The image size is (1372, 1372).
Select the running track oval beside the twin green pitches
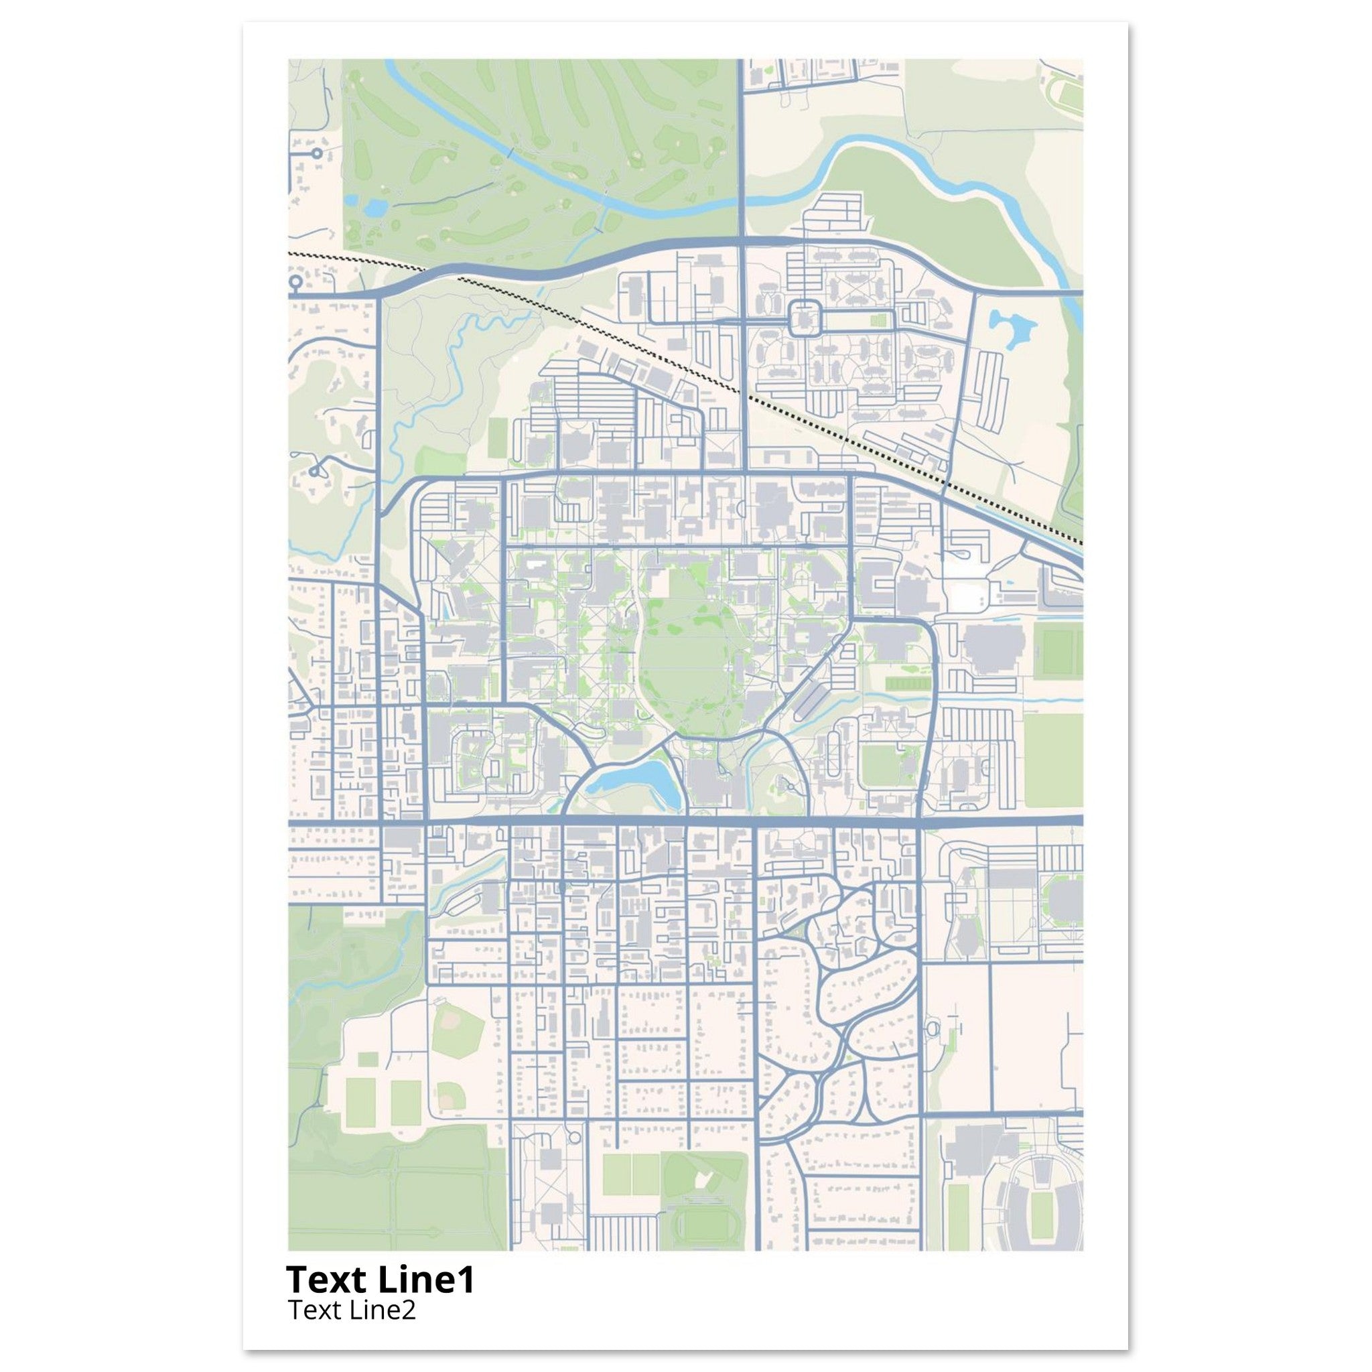699,1221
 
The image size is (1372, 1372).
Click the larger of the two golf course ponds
374,208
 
